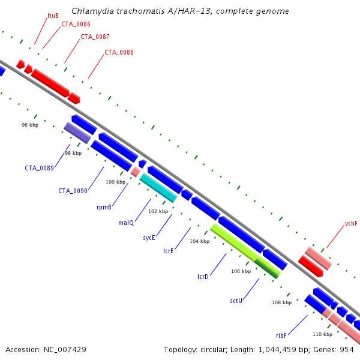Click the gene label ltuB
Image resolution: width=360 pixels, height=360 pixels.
pos(53,16)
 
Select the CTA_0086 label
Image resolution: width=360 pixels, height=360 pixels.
pos(76,24)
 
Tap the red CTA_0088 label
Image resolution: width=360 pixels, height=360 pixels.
pos(119,52)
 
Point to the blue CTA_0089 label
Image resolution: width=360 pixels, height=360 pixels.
pos(39,168)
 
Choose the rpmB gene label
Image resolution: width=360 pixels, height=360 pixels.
pos(104,207)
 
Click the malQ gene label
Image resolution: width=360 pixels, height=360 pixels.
pos(126,223)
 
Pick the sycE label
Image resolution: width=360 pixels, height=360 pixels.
pos(149,238)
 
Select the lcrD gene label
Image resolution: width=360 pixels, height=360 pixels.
pos(203,277)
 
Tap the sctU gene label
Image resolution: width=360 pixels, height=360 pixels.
pos(236,301)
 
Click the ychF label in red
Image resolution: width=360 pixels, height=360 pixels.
pos(351,223)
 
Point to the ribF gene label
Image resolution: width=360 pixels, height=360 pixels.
pos(281,335)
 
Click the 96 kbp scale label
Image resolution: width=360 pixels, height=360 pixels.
pos(30,125)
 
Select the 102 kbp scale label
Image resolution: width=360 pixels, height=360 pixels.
pos(158,211)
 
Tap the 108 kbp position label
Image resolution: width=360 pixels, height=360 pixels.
pos(282,302)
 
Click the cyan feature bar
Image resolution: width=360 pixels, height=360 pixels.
pos(158,188)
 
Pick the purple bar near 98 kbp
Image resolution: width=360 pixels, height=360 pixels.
pos(77,133)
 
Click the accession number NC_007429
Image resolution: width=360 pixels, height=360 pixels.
pos(65,350)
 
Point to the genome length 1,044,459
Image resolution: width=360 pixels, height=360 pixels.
pos(278,350)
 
